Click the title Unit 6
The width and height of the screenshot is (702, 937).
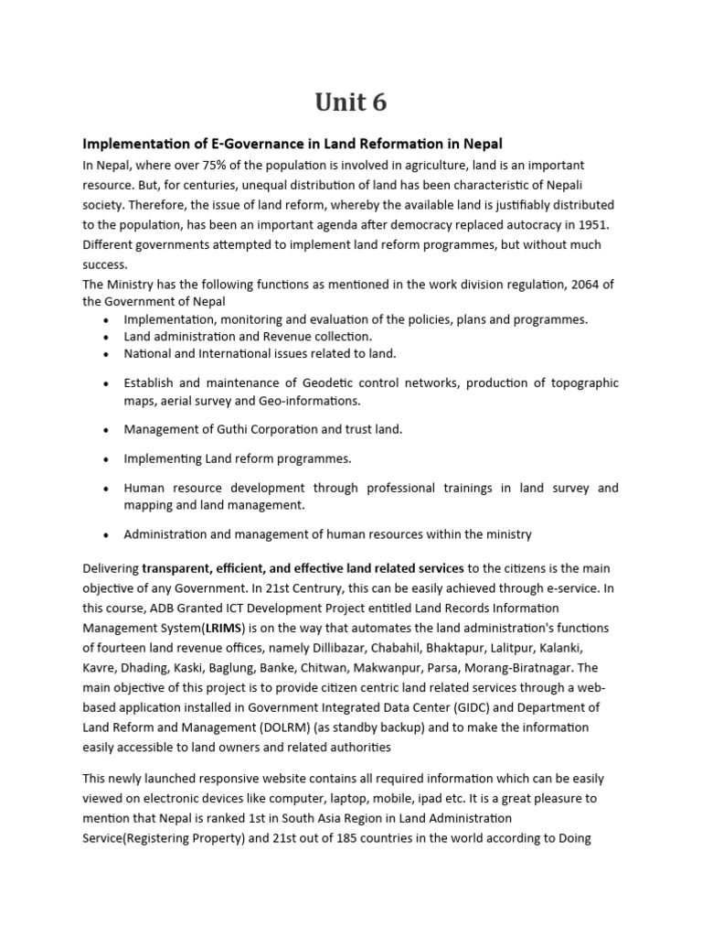point(350,103)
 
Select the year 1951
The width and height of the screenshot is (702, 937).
point(593,225)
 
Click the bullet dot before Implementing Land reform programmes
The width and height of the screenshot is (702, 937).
point(107,458)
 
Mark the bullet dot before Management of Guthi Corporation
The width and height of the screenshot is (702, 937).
point(107,429)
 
